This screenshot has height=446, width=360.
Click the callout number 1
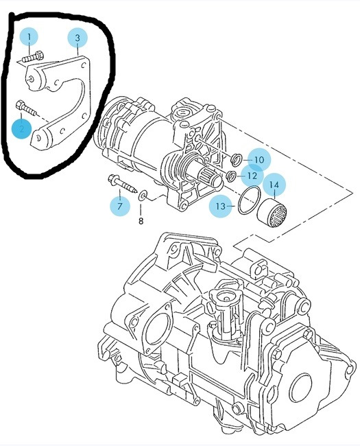coord(29,36)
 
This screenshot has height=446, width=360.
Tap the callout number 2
coord(22,128)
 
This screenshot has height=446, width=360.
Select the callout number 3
coord(77,38)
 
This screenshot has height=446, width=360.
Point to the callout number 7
coord(120,206)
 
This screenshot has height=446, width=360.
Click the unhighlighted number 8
coord(141,220)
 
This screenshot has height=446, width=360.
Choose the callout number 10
coord(259,160)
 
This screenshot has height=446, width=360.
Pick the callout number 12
coord(252,176)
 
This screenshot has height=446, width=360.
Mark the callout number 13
coord(220,206)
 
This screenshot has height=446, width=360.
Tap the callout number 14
coord(274,185)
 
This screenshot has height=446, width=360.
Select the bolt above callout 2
coord(26,108)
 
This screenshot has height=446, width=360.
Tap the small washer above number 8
coord(143,194)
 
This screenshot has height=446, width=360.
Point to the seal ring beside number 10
coord(237,160)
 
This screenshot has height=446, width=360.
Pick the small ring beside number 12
coord(231,176)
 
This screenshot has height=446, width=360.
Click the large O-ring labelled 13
coord(249,200)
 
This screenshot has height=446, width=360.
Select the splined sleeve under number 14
coord(272,213)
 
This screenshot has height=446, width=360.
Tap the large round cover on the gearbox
coord(302,389)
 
